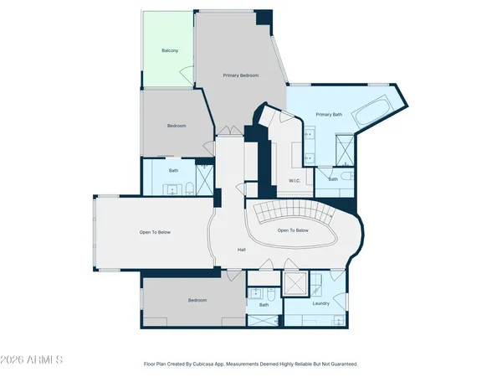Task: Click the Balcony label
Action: point(170,50)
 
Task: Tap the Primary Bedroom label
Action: point(241,75)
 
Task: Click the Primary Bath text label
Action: point(329,114)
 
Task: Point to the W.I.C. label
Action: point(295,180)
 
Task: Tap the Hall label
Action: point(241,250)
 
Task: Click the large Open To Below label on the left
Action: point(155,232)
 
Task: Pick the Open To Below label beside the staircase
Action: point(293,230)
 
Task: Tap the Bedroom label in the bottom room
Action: point(197,299)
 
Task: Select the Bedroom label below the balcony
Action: point(177,126)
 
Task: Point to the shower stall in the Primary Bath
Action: point(344,151)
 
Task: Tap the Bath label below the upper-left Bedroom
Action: point(174,170)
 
